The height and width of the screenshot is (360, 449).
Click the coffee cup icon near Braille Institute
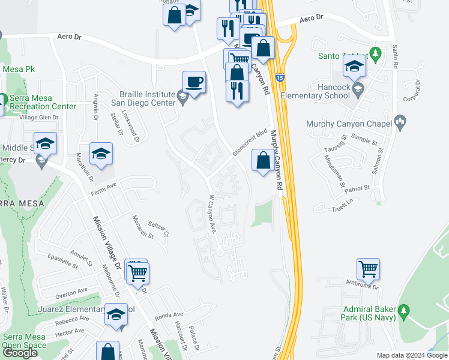pos(194,82)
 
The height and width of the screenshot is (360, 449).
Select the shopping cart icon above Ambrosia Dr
pos(368,268)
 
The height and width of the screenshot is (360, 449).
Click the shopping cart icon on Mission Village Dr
pos(139,274)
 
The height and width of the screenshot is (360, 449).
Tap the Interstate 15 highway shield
pos(280,77)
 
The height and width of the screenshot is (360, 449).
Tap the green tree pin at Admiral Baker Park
pos(404,310)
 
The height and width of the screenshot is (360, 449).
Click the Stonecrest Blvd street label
pos(249,143)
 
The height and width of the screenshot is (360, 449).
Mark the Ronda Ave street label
pos(169,315)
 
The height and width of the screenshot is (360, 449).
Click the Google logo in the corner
pos(20,353)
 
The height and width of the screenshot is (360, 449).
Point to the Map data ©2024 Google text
pos(412,355)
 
